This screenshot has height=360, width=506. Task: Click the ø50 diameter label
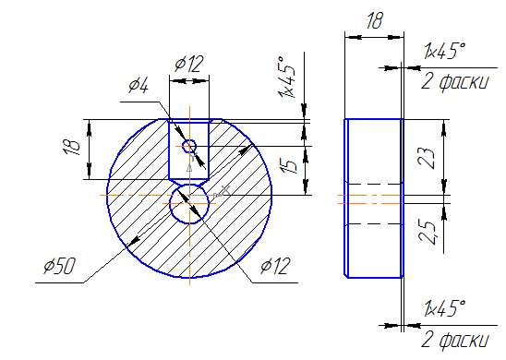point(60,266)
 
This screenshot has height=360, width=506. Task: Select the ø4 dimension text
point(139,86)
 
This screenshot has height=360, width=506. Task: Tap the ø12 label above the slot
point(189,64)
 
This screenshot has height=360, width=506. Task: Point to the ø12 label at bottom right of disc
point(275,266)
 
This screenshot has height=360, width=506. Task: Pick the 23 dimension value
point(427,159)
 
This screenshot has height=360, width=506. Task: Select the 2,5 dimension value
point(428,233)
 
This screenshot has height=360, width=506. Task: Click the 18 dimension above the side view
point(375,20)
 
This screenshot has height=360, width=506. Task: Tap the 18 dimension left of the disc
point(72,148)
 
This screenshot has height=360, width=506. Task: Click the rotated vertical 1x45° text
point(286,78)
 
